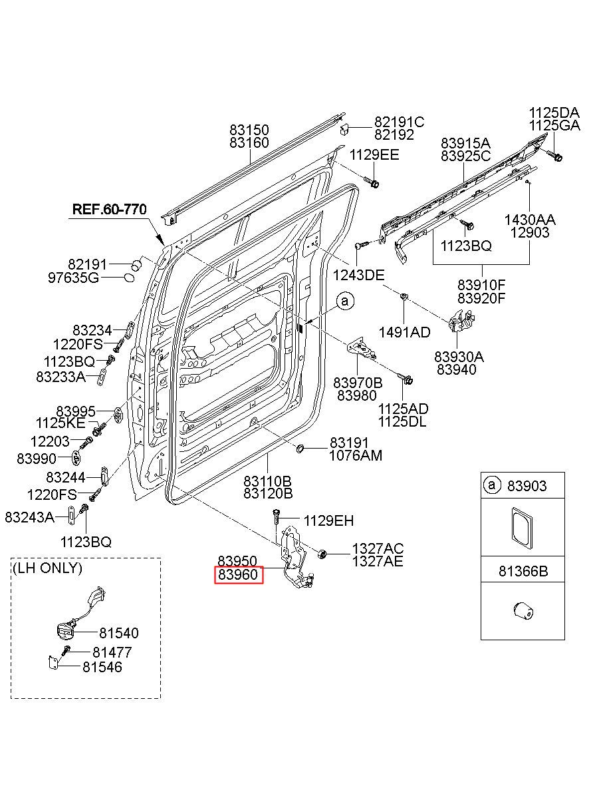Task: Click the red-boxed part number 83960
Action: pos(239,574)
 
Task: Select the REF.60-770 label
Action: pos(109,209)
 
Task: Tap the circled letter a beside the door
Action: pos(345,302)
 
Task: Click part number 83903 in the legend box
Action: pos(527,486)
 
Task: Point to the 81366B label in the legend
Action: pos(523,571)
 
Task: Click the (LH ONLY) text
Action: pos(47,568)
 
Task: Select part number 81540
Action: pos(119,633)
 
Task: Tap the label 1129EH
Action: pos(329,520)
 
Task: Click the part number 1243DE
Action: pos(358,276)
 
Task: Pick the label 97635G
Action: pos(73,278)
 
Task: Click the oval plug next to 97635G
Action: pos(129,278)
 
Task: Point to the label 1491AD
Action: pos(405,333)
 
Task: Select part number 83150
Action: pos(249,130)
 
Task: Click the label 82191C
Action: pos(400,122)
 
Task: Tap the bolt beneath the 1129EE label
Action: pos(371,182)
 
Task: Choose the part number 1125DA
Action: pos(554,112)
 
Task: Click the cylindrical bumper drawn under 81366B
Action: pos(523,611)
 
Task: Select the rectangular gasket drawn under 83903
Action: pos(521,528)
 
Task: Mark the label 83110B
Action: pos(268,481)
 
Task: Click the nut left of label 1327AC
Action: pos(322,554)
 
